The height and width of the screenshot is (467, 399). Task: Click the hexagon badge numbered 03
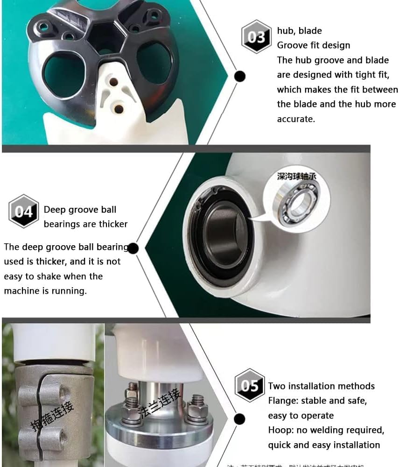coord(256,36)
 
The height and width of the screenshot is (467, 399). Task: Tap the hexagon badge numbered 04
coord(24,211)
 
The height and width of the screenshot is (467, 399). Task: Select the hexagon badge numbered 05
coord(250,386)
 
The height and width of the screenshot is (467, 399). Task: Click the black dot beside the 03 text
coord(239,76)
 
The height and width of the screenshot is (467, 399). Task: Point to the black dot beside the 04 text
coord(133,248)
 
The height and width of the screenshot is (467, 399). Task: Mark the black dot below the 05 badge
coord(239,418)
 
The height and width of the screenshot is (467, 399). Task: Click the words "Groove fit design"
coord(313,45)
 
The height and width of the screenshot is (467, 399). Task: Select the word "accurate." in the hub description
coord(296,119)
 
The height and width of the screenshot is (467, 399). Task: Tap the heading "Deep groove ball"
coord(80,210)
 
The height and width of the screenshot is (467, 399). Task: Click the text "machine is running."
coord(45,291)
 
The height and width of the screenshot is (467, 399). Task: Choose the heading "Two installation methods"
coord(321,386)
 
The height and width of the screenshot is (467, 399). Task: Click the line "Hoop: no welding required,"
coord(326,430)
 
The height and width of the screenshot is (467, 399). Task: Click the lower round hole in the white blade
coord(119,109)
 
